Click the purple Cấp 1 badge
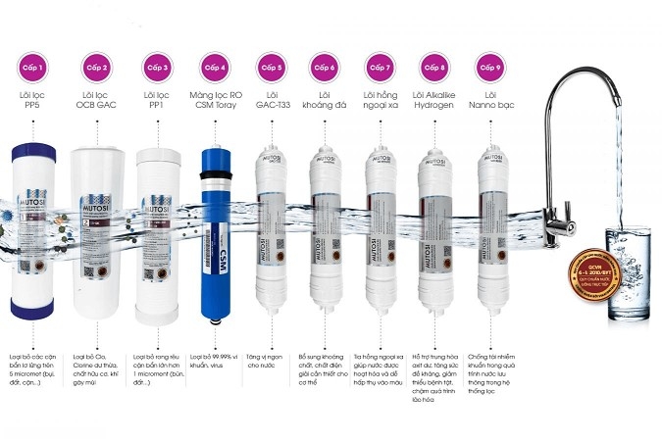coord(41,68)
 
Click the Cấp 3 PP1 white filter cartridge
coord(157,235)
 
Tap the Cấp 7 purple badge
coord(380,68)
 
